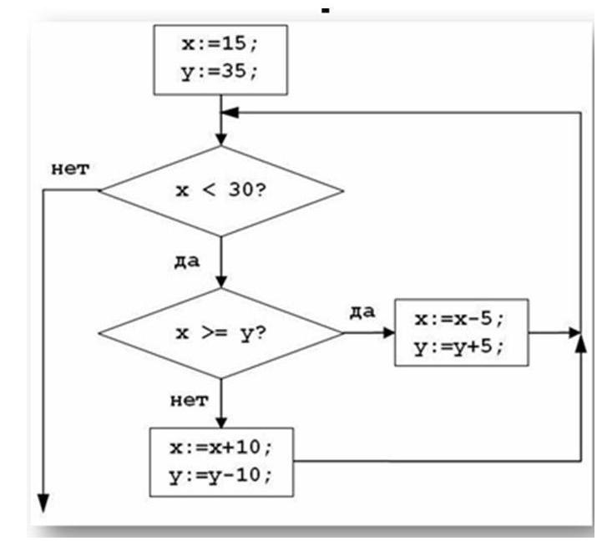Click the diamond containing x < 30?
[x=220, y=190]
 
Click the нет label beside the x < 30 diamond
[x=68, y=169]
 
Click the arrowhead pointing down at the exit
[x=42, y=503]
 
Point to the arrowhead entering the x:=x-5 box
[x=388, y=333]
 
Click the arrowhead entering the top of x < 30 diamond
[x=220, y=139]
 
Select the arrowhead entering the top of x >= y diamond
[x=220, y=282]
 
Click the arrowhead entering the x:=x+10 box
[x=220, y=421]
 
